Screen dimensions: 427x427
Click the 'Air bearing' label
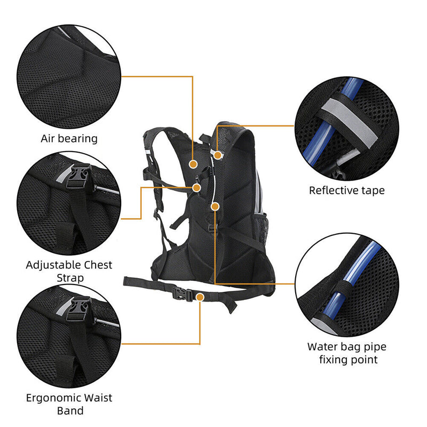69,139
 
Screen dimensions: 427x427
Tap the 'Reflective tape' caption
346,191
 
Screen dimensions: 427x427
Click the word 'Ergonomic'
53,398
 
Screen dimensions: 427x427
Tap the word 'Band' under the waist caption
70,411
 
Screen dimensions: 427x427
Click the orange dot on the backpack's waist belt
200,296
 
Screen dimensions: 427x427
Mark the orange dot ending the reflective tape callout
218,154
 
